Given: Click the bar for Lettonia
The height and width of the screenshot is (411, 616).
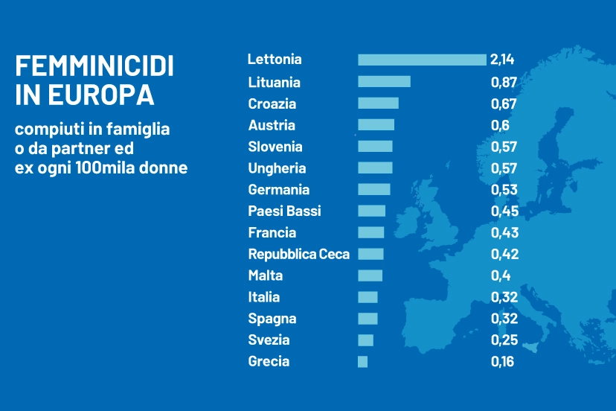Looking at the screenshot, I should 422,60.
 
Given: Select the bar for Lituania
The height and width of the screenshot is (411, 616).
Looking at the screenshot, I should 384,82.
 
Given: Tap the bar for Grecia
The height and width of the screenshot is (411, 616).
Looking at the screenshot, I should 362,362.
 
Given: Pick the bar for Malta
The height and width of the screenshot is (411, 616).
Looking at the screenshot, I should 370,275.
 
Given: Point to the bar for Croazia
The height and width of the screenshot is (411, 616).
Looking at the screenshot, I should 378,103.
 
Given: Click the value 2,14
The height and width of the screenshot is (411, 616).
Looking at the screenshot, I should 502,60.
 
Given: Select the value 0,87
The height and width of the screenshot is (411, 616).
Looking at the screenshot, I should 504,82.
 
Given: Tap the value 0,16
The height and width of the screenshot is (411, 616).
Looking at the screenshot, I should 503,362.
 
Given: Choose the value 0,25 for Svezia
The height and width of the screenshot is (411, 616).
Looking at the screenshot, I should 504,340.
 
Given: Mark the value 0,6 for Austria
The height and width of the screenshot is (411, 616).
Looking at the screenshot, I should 500,125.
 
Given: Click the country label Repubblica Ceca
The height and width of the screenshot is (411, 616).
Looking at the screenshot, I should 298,254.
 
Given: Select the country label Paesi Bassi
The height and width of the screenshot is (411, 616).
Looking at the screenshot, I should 285,211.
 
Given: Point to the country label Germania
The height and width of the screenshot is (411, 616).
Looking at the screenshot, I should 279,190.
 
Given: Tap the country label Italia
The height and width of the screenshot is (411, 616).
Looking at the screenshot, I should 264,297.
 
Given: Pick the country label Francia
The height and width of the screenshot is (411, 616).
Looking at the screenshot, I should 272,232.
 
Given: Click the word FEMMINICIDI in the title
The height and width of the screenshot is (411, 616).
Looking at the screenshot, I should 94,67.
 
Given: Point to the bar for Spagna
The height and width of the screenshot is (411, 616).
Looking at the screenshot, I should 368,319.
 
